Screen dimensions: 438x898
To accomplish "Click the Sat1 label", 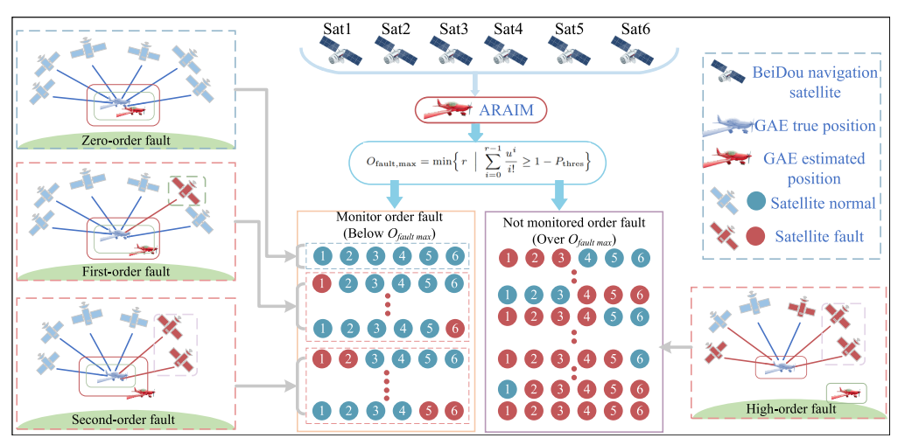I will click(x=336, y=28).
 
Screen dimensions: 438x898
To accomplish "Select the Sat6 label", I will click(x=636, y=28).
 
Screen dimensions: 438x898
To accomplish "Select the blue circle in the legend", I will click(x=757, y=204).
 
